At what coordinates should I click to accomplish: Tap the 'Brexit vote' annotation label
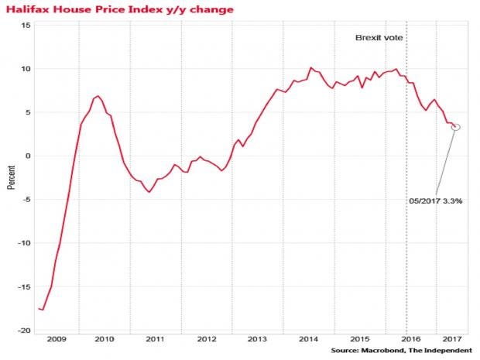pyautogui.click(x=379, y=37)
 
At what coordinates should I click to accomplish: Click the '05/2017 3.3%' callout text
pyautogui.click(x=436, y=201)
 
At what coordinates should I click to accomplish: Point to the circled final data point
pyautogui.click(x=457, y=127)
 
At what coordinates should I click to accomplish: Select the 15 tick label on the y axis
pyautogui.click(x=26, y=25)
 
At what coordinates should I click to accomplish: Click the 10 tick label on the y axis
pyautogui.click(x=26, y=69)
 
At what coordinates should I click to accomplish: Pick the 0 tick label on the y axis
pyautogui.click(x=28, y=156)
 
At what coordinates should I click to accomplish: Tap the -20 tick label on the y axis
pyautogui.click(x=24, y=330)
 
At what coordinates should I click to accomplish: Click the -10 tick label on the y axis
pyautogui.click(x=24, y=243)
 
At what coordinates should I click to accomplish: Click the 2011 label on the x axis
pyautogui.click(x=155, y=339)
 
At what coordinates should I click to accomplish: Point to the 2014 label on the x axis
pyautogui.click(x=308, y=339)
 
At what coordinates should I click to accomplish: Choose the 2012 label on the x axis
pyautogui.click(x=206, y=339)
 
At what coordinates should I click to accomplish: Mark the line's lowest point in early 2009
pyautogui.click(x=42, y=310)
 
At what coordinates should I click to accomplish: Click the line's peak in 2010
pyautogui.click(x=98, y=96)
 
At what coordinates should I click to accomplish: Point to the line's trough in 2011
pyautogui.click(x=149, y=192)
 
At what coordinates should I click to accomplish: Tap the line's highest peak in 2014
pyautogui.click(x=310, y=67)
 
